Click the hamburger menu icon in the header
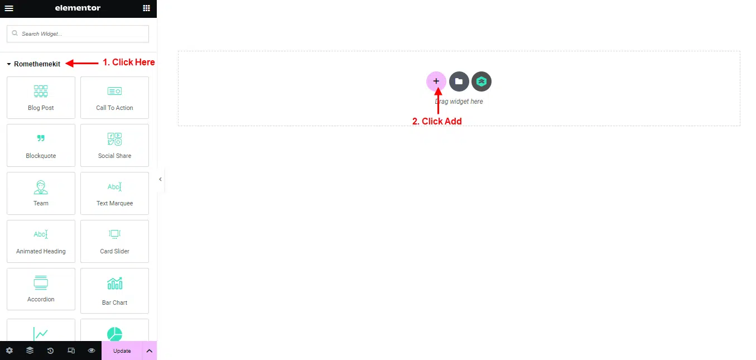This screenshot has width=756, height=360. pos(9,8)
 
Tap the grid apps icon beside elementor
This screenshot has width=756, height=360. pos(147,8)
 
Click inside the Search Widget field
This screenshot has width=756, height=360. pos(78,34)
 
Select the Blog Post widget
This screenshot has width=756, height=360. pos(41,98)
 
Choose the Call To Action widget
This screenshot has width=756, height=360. pos(115,98)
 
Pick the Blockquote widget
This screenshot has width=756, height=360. pos(41,146)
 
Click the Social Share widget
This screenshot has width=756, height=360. pos(115,146)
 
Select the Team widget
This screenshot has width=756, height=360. pos(41,194)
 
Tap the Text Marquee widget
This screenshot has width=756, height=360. pos(115,194)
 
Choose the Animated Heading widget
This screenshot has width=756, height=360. pos(41,242)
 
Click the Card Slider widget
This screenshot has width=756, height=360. pos(115,242)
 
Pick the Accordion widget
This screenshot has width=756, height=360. pos(41,290)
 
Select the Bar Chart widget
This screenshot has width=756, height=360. pos(115,291)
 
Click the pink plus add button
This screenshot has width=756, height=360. pos(436,81)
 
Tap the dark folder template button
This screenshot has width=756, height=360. pos(459,81)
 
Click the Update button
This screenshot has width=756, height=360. pos(122,351)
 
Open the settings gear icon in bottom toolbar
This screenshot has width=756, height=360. pos(9,351)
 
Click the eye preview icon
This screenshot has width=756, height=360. pos(92,351)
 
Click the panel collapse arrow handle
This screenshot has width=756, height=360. pos(160,179)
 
